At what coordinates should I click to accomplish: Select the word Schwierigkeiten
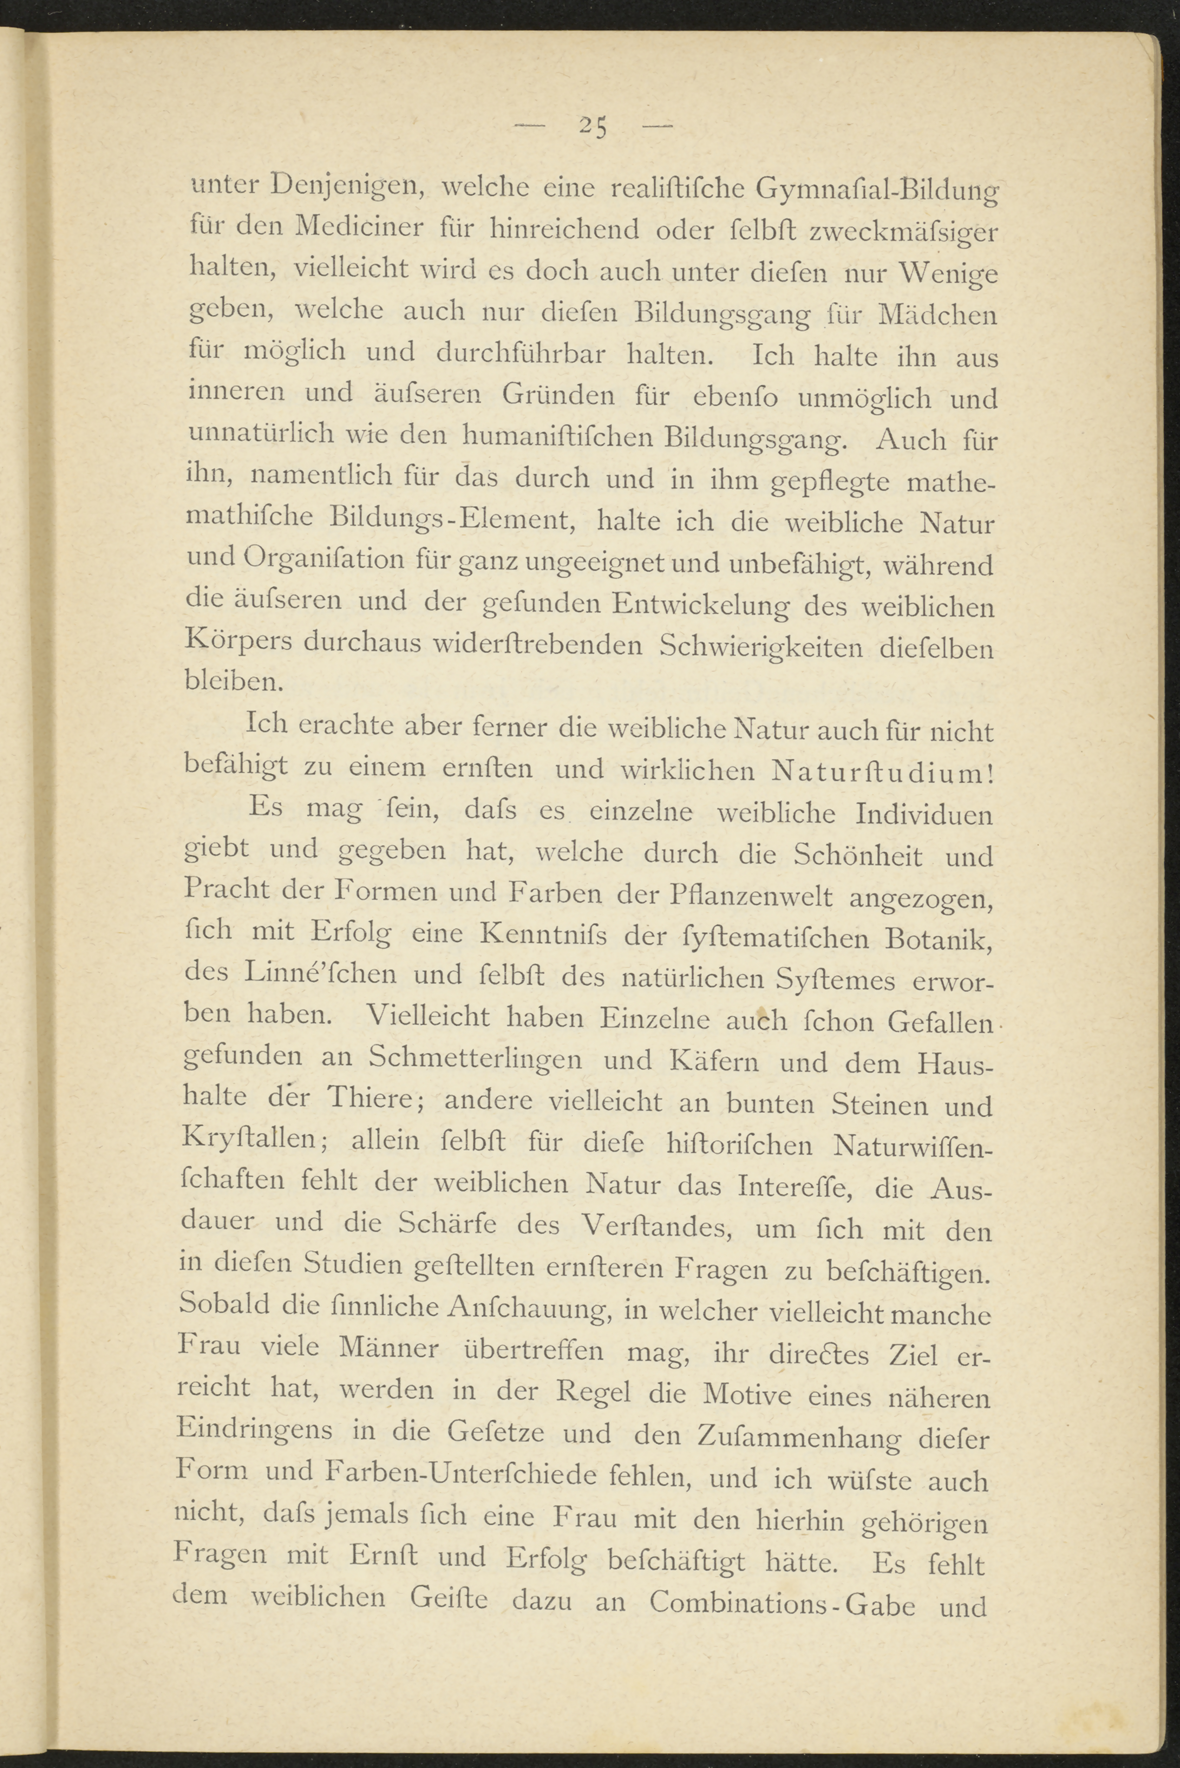(x=760, y=647)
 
